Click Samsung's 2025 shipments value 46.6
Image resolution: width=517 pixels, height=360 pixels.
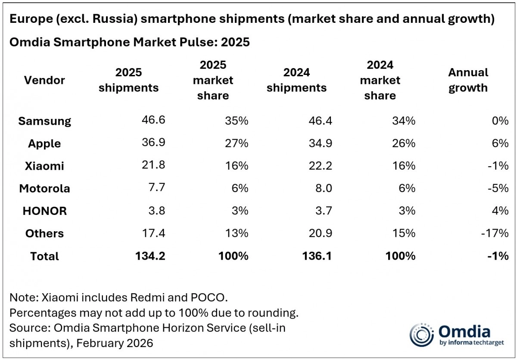coord(153,121)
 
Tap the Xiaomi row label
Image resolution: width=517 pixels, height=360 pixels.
coord(44,166)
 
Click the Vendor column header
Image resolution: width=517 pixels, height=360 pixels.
coord(44,80)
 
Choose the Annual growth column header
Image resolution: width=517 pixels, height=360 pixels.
coord(468,80)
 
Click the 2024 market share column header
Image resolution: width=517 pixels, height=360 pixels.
coord(380,80)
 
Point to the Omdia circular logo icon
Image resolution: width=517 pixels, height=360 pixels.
coord(421,335)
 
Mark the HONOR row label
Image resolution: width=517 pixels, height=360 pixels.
coord(44,211)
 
